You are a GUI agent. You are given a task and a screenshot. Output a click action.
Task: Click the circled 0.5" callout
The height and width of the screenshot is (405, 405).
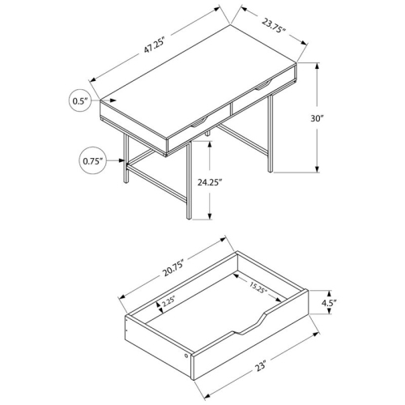[79, 101]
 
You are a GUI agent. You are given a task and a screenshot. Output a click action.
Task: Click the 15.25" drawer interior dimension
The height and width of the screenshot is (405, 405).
[260, 286]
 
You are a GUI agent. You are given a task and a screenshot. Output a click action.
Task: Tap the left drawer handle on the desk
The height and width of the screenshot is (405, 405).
[197, 122]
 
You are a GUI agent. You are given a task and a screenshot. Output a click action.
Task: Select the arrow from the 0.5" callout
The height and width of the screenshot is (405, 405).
[98, 101]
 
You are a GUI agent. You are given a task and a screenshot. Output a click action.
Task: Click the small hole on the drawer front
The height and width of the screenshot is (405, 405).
[189, 356]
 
